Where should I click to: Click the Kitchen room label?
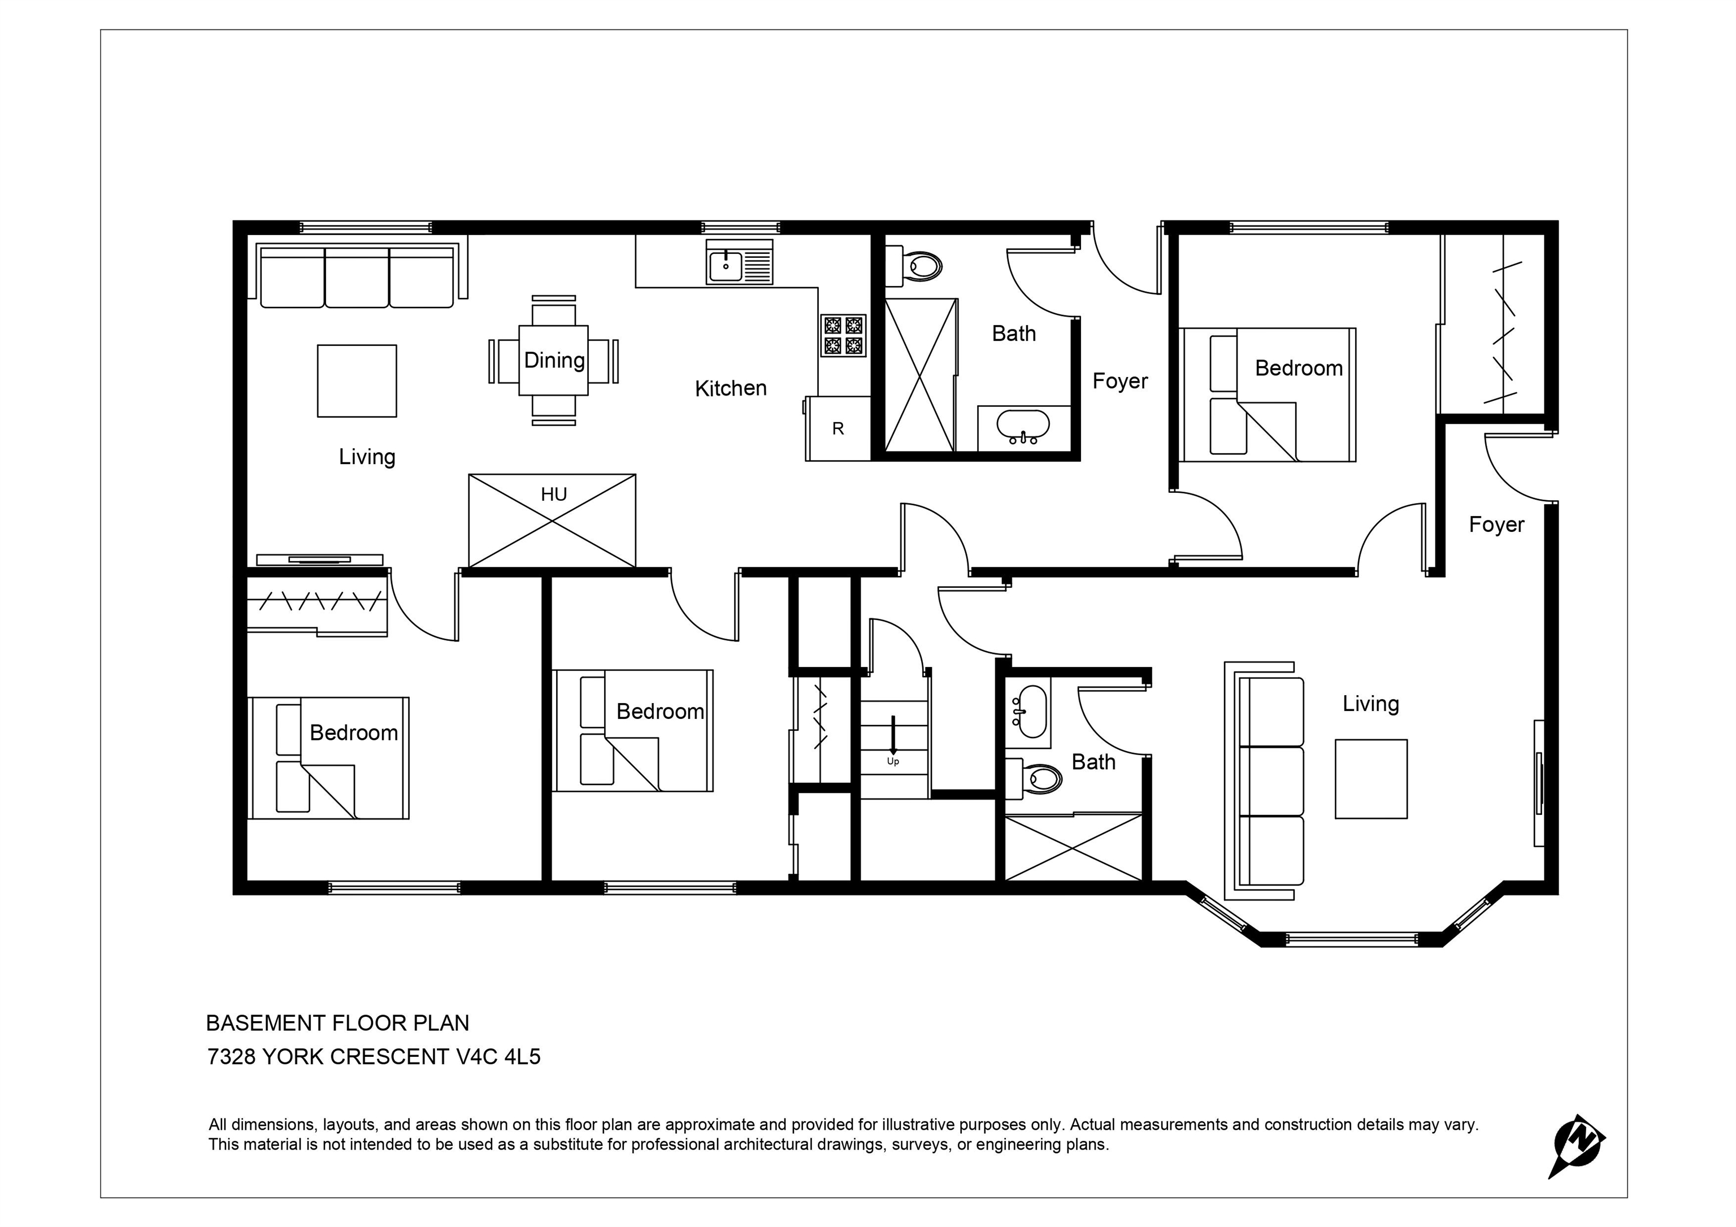pos(730,389)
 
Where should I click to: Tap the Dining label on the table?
pos(554,361)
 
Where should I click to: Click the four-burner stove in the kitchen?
pos(843,336)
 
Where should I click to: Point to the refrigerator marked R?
pos(837,428)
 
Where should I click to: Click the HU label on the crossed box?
pos(553,495)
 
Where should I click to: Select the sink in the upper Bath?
pos(1023,426)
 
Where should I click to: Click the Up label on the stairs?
pos(893,762)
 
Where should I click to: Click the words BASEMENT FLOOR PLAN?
pos(337,1024)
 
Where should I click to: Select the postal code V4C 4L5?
pos(498,1057)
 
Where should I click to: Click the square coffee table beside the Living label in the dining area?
pos(357,381)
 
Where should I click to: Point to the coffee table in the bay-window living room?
pos(1371,779)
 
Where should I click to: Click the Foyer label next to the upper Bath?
pos(1120,381)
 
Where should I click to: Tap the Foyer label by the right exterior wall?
pos(1496,524)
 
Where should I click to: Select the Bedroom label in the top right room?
pos(1299,368)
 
